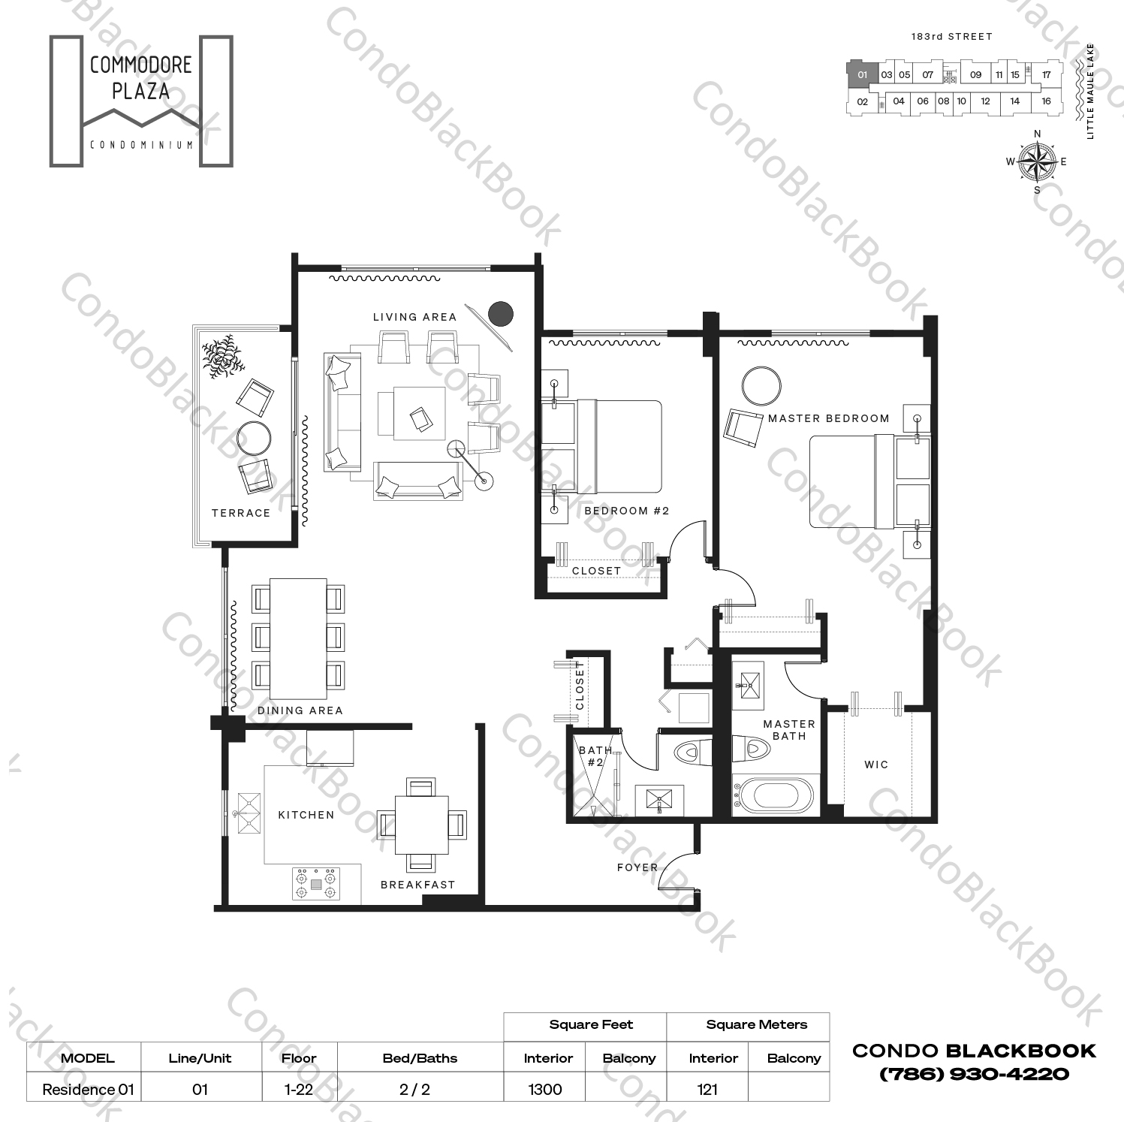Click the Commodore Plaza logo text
click(x=140, y=78)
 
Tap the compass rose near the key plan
click(x=1037, y=161)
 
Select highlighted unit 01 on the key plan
click(x=862, y=74)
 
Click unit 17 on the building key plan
click(x=1046, y=74)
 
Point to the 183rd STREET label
click(x=951, y=36)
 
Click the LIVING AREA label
click(x=414, y=317)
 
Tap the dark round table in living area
click(x=500, y=313)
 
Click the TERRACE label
click(x=240, y=513)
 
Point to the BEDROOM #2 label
click(x=626, y=511)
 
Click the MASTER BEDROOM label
click(x=828, y=418)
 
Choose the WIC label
click(x=875, y=765)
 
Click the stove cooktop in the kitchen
click(x=316, y=883)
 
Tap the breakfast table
click(x=421, y=824)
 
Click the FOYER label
click(x=637, y=867)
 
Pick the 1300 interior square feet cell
click(x=545, y=1089)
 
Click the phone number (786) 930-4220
click(x=974, y=1074)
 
